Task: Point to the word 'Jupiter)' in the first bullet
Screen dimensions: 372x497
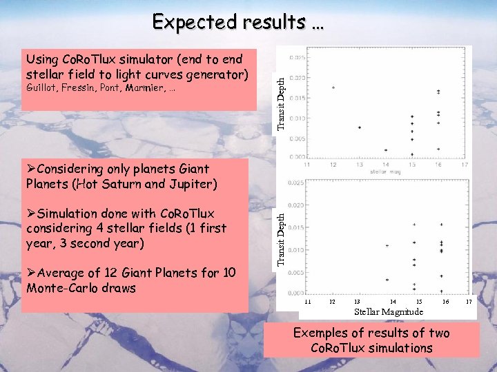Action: tap(193, 184)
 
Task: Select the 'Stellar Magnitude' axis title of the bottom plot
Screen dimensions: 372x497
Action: tap(389, 312)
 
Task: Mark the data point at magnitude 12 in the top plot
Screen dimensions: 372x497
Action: tap(333, 87)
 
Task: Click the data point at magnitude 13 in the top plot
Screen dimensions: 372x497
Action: tap(360, 127)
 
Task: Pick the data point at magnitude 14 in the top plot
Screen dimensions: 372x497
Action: tap(386, 149)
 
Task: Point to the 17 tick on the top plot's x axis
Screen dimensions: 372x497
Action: tap(465, 165)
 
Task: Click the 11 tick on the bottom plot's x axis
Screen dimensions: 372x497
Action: tap(309, 302)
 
